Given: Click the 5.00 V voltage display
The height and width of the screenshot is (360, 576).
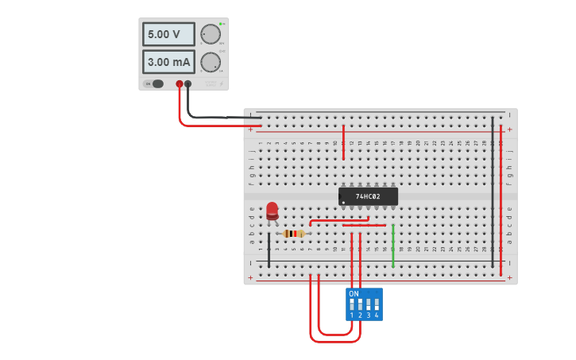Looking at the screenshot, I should click(168, 34).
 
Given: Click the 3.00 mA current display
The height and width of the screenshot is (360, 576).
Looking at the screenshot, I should click(168, 62).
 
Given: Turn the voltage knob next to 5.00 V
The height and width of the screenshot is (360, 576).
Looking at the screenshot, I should click(211, 34).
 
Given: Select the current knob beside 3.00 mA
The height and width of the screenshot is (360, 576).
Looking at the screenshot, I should click(211, 62).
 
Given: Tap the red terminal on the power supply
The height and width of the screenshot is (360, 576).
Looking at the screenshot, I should click(180, 83).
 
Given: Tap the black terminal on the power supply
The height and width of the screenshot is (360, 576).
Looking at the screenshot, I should click(188, 83).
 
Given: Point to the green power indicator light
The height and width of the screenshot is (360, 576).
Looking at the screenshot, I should click(221, 24).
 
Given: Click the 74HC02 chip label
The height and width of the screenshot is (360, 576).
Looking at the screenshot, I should click(368, 196).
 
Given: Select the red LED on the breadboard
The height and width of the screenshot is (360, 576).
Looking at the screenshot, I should click(273, 210).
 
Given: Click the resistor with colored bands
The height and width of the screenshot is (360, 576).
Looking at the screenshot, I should click(293, 234).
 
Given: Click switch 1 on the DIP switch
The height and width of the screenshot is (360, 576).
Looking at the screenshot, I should click(351, 304).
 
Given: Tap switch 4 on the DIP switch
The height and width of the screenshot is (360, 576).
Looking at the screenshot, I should click(377, 304).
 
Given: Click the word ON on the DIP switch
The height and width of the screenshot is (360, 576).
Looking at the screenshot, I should click(354, 294).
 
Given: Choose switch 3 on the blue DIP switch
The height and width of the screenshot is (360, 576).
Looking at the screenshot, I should click(368, 304).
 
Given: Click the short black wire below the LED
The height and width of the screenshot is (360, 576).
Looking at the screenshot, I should click(269, 250).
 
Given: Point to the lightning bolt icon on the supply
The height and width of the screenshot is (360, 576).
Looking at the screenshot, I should click(221, 83).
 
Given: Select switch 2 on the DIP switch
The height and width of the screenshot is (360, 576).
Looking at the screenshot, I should click(360, 304).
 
